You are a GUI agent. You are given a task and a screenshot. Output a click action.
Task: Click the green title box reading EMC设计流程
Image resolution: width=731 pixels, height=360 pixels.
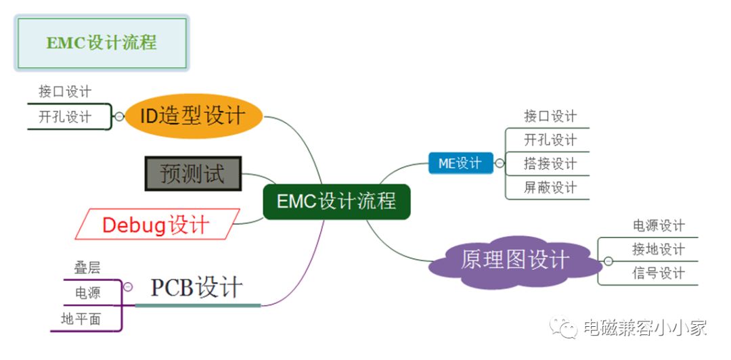tap(102, 43)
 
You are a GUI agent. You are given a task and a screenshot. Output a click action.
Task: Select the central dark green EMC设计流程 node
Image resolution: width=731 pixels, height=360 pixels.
tap(336, 201)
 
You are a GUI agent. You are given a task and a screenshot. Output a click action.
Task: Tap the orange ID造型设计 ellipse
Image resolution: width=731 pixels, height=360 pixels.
tap(193, 116)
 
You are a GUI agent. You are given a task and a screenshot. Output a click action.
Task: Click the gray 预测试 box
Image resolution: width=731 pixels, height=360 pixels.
tap(192, 173)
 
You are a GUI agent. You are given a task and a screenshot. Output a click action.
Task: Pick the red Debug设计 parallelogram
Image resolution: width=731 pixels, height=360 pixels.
tap(156, 224)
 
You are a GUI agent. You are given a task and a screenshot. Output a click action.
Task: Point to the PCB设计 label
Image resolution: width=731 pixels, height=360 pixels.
tap(196, 288)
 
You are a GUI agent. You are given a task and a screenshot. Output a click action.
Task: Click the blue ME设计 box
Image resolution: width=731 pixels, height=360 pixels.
tap(460, 163)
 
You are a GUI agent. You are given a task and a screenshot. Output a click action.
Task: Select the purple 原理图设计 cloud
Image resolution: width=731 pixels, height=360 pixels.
tap(515, 261)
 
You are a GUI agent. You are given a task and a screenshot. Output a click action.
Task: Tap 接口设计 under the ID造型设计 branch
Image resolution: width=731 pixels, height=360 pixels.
tap(65, 91)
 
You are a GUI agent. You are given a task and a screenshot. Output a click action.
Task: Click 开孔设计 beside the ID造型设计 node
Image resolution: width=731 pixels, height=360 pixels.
tap(65, 116)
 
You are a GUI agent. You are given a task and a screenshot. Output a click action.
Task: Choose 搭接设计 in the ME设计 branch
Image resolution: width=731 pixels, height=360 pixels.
tap(550, 164)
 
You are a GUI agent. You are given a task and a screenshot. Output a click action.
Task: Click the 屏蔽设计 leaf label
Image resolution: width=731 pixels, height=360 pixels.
tap(550, 187)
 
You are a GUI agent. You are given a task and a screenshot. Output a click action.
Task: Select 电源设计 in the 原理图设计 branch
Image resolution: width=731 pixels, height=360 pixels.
tap(659, 225)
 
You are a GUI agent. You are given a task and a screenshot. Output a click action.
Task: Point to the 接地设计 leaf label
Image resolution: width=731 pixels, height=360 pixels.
tap(659, 249)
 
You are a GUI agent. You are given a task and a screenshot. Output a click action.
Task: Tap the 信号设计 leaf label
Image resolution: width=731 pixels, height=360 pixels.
tap(659, 273)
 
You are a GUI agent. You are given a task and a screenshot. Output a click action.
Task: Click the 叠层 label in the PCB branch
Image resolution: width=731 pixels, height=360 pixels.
tap(87, 268)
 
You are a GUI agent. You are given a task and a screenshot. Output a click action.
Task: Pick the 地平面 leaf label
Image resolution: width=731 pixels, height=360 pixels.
tap(81, 319)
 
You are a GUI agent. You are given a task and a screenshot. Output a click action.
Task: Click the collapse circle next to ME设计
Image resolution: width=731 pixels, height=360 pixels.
tap(500, 163)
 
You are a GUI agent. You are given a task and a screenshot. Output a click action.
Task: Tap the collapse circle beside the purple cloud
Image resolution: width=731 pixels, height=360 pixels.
tap(608, 261)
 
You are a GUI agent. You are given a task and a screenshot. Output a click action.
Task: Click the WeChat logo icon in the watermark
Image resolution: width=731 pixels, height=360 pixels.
tap(563, 328)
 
